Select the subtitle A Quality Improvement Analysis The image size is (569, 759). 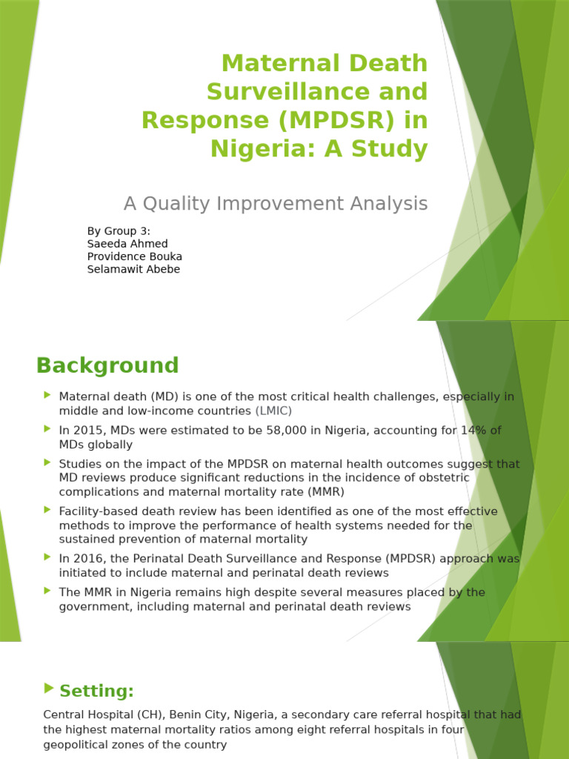click(276, 203)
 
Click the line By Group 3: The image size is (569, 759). click(119, 231)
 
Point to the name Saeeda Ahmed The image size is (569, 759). click(127, 244)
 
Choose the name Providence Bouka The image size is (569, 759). click(135, 256)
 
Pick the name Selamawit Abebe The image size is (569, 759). click(133, 269)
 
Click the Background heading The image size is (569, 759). click(107, 365)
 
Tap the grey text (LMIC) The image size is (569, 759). click(274, 411)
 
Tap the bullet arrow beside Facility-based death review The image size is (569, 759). click(47, 511)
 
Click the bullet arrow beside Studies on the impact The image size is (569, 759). click(47, 463)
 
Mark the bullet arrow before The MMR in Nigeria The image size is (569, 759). click(47, 591)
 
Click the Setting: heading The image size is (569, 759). click(96, 692)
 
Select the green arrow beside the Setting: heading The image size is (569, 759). click(49, 689)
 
